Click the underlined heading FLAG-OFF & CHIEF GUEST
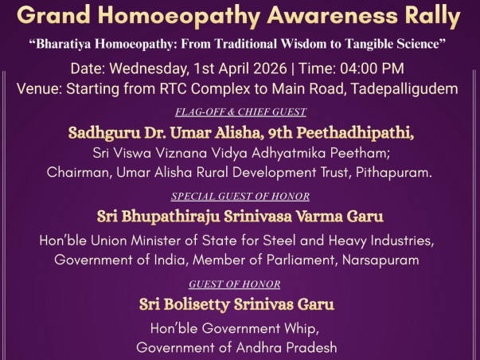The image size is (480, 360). coord(240,112)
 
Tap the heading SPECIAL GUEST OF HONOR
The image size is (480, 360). coord(240,196)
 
